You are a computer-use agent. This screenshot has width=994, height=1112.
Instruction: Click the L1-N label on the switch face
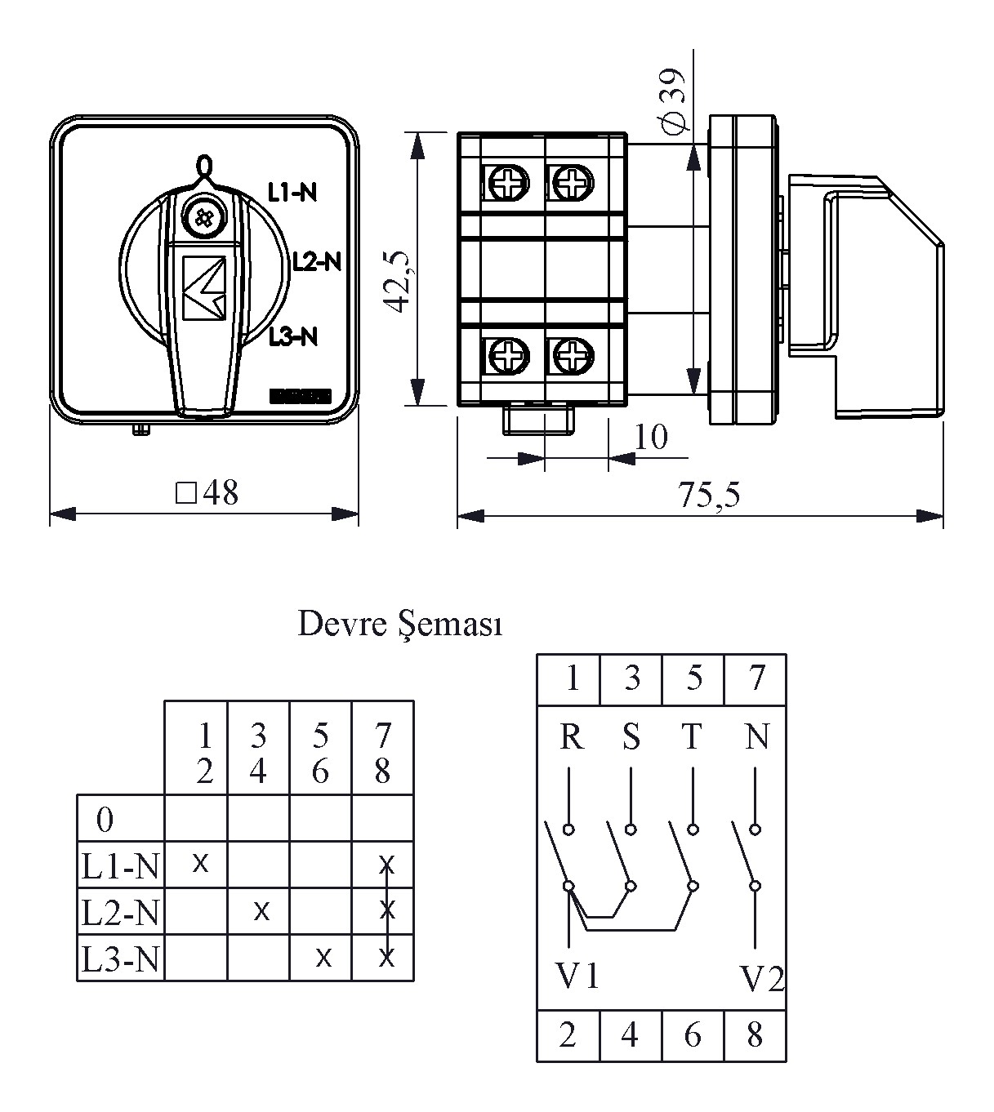(292, 192)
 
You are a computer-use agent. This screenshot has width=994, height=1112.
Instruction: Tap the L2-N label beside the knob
(316, 261)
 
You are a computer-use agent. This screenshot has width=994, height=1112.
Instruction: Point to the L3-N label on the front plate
(292, 336)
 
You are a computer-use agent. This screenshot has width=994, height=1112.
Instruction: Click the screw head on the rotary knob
(200, 217)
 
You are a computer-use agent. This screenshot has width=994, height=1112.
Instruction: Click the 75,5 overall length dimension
(708, 495)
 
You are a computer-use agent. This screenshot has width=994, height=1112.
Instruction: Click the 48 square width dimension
(207, 493)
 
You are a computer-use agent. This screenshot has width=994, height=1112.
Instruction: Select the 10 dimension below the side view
(651, 437)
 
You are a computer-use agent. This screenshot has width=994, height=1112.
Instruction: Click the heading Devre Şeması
(400, 625)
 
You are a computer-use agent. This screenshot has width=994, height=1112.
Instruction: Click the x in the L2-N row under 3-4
(261, 910)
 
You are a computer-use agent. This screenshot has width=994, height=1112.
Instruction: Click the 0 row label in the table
(105, 819)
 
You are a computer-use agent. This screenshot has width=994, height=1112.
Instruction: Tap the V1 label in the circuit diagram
(577, 976)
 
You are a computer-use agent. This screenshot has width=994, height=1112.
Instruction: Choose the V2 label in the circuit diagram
(761, 977)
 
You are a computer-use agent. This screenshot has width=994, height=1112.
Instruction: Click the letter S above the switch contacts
(631, 737)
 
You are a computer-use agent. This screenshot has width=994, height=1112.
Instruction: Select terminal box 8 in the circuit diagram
(755, 1035)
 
